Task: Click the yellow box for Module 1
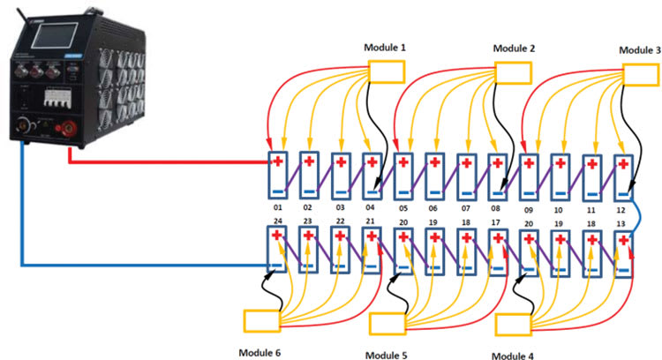click(x=385, y=72)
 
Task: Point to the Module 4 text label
click(x=514, y=355)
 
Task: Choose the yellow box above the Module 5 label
click(x=386, y=324)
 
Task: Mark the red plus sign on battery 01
click(x=277, y=161)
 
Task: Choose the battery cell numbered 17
click(x=499, y=252)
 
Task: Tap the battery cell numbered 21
click(x=372, y=252)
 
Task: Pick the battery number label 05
click(x=403, y=209)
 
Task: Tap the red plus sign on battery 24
click(x=277, y=236)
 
